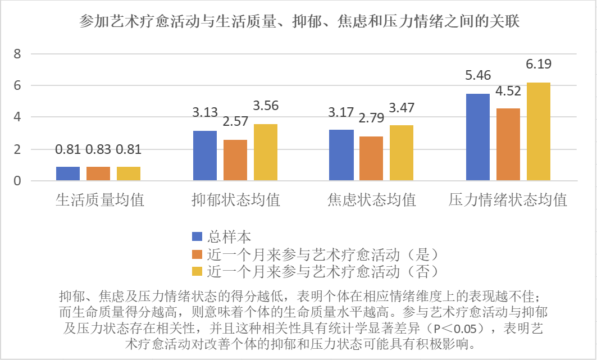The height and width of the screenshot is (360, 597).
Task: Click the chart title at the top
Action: click(298, 22)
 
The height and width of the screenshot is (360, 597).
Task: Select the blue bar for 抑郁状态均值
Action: click(204, 156)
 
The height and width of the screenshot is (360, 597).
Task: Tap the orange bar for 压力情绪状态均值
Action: click(508, 144)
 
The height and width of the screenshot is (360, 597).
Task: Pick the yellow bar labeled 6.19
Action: click(538, 131)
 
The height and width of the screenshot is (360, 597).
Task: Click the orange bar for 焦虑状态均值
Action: click(371, 158)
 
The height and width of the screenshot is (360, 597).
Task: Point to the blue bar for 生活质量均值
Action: click(68, 174)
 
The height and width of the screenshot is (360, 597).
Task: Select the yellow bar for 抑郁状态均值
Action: click(265, 152)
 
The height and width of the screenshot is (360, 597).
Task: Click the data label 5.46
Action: click(477, 75)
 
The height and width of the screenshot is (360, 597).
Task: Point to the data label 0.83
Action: click(98, 149)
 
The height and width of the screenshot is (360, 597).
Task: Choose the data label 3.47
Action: click(402, 106)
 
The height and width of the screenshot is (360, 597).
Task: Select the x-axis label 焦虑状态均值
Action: click(371, 199)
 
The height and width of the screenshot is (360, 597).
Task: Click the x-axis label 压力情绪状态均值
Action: click(508, 199)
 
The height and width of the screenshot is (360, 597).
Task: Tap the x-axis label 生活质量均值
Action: click(99, 199)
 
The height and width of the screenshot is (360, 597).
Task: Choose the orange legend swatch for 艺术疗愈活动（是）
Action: click(197, 254)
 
